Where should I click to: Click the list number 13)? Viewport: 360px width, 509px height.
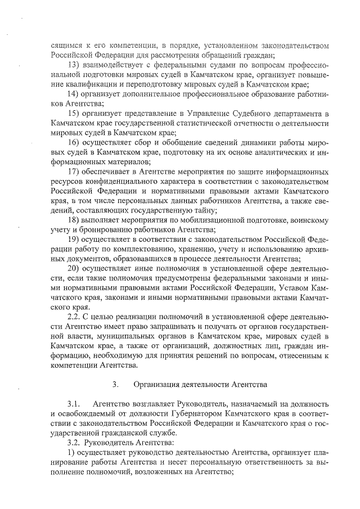(x=74, y=65)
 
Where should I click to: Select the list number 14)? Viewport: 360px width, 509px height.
(x=74, y=94)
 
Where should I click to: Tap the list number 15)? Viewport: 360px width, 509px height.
(x=74, y=114)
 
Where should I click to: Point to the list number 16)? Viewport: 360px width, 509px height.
(x=74, y=142)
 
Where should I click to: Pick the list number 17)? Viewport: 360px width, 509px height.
(x=74, y=171)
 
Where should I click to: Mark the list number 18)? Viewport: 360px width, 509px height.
(x=74, y=219)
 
